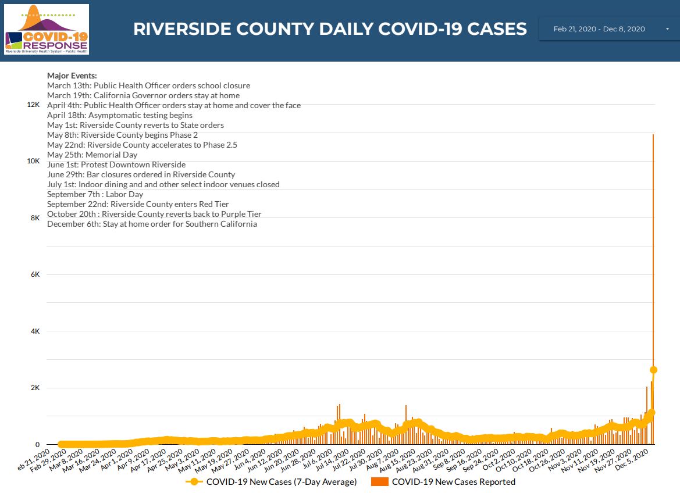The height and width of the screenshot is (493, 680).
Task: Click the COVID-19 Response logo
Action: (47, 30)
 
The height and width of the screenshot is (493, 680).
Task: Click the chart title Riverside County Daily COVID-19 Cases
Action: (330, 29)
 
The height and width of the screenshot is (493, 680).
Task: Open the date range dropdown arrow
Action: (667, 29)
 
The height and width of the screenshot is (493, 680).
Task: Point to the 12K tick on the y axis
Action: (33, 105)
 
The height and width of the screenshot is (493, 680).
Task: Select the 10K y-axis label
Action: (33, 161)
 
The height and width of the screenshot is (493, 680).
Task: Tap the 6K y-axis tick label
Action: (35, 274)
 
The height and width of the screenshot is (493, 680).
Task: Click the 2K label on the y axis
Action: (35, 388)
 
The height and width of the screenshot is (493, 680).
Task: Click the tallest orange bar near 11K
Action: (653, 233)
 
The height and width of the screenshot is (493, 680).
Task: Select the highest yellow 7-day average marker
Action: (653, 370)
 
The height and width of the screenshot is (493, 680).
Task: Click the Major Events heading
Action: (72, 76)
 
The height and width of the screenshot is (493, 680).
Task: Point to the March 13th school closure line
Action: (148, 85)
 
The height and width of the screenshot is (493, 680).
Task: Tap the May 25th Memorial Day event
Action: (92, 155)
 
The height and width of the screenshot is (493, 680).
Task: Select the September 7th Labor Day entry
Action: (95, 194)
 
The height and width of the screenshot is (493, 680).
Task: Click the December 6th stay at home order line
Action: (152, 224)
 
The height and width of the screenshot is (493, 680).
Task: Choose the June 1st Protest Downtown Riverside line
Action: (116, 165)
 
